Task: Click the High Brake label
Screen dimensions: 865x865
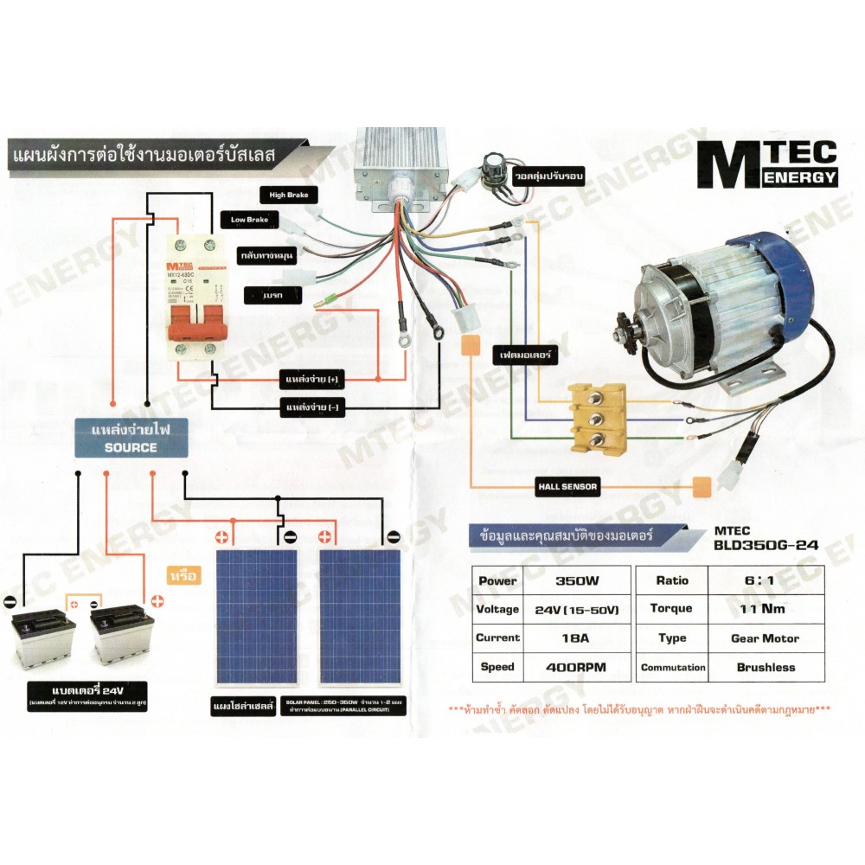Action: pyautogui.click(x=289, y=195)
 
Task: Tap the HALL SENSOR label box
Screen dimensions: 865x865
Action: pyautogui.click(x=567, y=487)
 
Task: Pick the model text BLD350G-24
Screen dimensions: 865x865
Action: pyautogui.click(x=766, y=547)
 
